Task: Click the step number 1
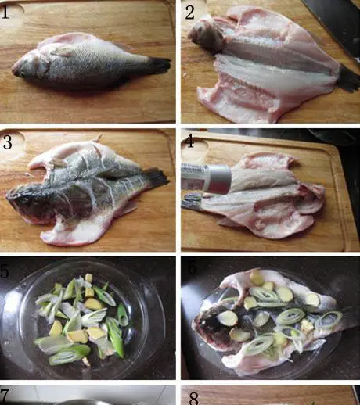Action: click(x=5, y=12)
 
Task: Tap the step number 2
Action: click(x=190, y=13)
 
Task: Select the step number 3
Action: click(x=7, y=142)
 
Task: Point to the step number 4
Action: click(x=189, y=141)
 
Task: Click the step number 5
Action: click(x=5, y=271)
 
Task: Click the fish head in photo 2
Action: click(x=206, y=34)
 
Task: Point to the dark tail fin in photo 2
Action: click(x=349, y=78)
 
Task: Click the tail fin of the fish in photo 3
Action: click(x=156, y=177)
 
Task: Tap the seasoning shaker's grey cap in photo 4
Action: click(x=218, y=178)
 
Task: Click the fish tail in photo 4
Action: click(x=191, y=201)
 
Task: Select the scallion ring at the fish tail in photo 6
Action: click(x=331, y=319)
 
